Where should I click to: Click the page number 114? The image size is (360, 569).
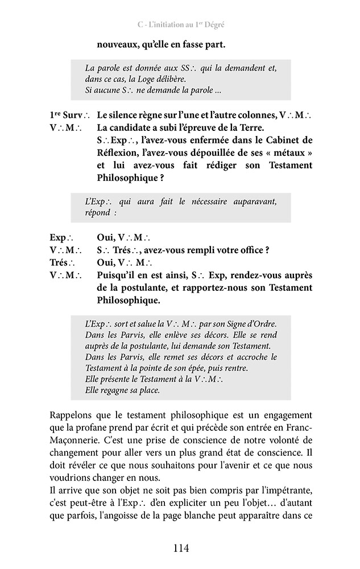180,549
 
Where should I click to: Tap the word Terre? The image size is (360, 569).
249,127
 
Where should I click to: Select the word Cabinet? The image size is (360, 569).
279,140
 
